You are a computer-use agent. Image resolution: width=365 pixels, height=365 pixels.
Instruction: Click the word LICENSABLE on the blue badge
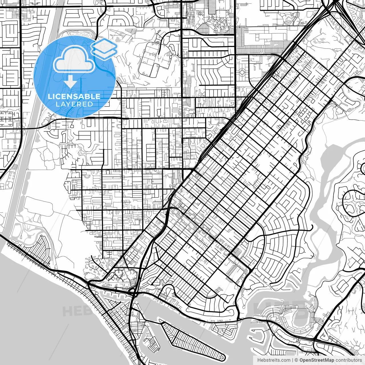tap(74, 96)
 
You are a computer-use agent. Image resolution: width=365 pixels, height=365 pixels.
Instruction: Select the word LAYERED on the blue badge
tap(74, 104)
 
